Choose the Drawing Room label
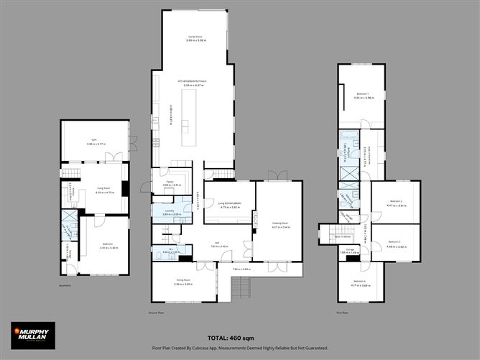[x=280, y=226]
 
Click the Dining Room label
[x=182, y=282]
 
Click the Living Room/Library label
[x=229, y=205]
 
